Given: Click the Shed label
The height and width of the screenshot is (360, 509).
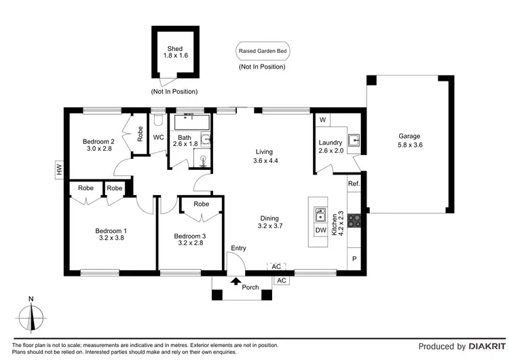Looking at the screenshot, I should (175, 49).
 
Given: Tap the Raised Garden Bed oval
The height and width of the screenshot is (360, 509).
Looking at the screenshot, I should (261, 51).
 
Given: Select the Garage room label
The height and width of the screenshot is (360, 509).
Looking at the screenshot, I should (409, 136).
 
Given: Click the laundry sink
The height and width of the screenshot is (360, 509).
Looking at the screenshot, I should (354, 141).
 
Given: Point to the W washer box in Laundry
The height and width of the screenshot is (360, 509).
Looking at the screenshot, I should (322, 120).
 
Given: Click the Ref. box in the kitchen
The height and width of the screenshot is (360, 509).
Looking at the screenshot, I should (353, 183).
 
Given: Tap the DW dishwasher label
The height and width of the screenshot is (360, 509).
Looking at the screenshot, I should (321, 230).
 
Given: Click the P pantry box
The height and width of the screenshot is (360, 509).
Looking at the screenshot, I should (354, 259).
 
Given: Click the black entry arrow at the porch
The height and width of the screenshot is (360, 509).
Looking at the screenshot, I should (235, 280).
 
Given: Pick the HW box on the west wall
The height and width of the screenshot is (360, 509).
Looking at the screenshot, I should (59, 170).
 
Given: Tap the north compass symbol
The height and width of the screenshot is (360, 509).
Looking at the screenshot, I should (31, 317).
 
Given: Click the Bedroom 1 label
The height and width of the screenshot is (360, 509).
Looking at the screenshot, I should (112, 231).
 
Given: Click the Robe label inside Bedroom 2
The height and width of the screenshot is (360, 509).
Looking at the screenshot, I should (140, 134).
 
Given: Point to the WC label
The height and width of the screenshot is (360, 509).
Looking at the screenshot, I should (158, 137).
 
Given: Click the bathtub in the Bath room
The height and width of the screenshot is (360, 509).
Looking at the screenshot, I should (193, 122).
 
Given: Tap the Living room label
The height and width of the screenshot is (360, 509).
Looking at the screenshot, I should (265, 151).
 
